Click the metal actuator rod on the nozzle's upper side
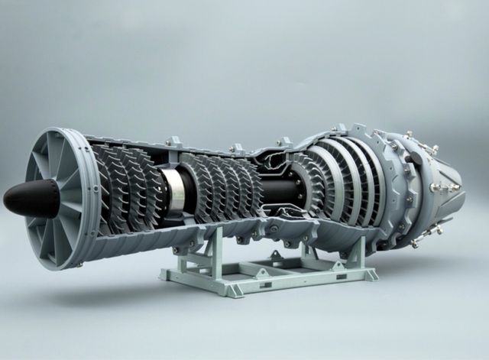pyautogui.click(x=428, y=149)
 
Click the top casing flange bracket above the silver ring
pyautogui.click(x=173, y=142)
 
